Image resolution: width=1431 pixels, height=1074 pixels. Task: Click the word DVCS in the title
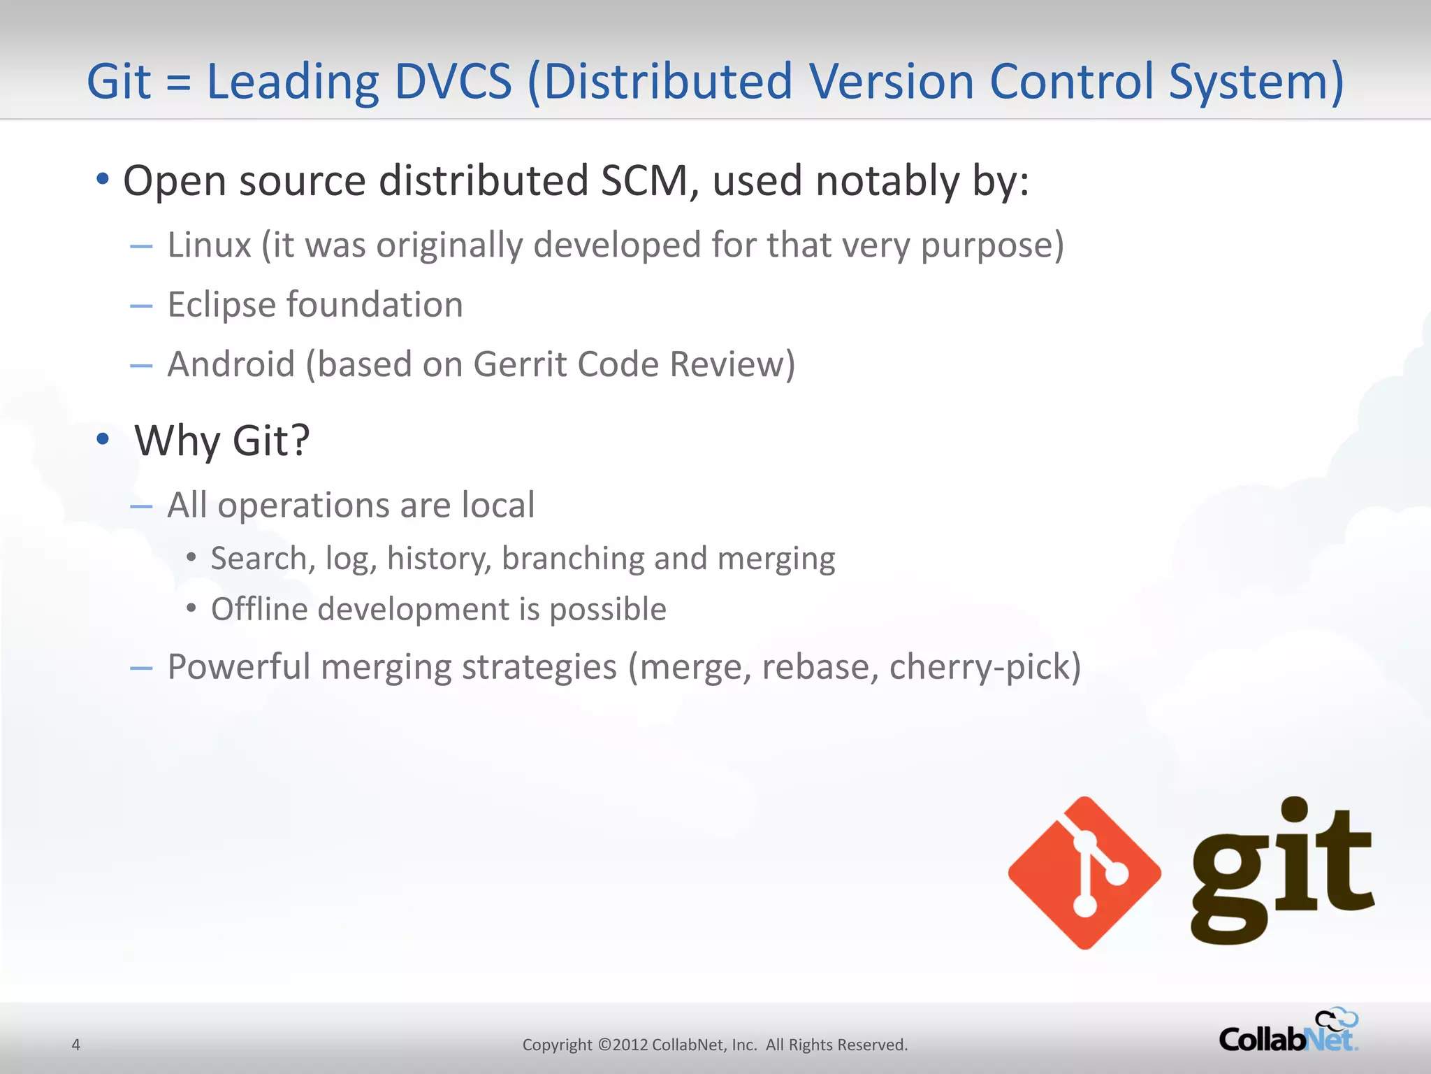453,82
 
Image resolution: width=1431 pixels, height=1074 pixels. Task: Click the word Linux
209,245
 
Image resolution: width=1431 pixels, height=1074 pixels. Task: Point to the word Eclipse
221,306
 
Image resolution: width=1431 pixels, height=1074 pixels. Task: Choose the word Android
231,364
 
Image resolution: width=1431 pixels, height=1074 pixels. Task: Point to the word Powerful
239,666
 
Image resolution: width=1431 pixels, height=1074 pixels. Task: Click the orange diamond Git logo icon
1084,873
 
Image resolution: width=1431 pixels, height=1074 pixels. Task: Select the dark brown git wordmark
1282,871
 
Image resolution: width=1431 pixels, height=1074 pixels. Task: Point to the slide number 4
76,1045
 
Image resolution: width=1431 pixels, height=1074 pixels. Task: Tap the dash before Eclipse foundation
141,306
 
